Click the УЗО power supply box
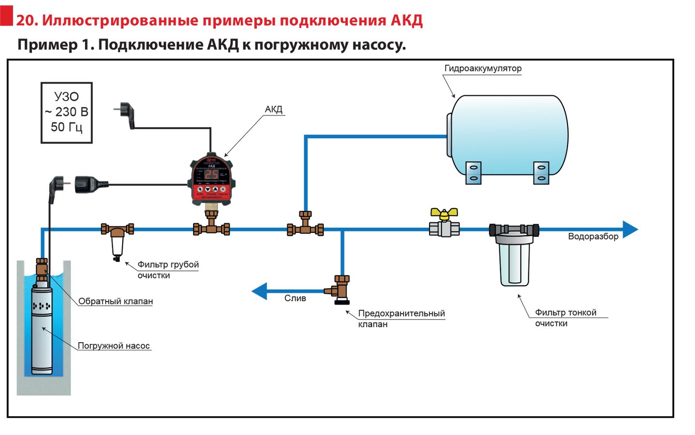[x=67, y=113]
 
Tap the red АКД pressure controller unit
[x=211, y=179]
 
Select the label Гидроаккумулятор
[x=483, y=69]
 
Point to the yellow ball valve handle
[x=444, y=213]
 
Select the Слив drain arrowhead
[x=260, y=291]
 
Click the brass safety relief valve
[x=341, y=289]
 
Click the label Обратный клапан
[x=115, y=301]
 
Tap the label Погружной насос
[x=114, y=346]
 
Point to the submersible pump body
[x=42, y=329]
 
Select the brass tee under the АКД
[x=211, y=227]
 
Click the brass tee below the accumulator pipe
[x=305, y=227]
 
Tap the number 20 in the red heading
[x=27, y=20]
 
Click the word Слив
[x=295, y=298]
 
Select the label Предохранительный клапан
[x=401, y=318]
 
